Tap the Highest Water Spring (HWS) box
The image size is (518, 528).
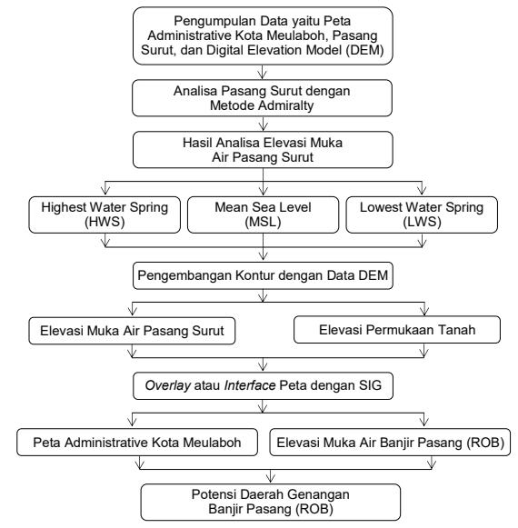105,214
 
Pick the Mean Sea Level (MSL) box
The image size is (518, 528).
263,214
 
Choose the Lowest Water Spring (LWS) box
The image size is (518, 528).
422,214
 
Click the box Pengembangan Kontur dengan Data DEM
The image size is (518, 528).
263,275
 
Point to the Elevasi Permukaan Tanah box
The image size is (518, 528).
397,330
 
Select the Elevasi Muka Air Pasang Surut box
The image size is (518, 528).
132,331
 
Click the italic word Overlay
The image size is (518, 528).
168,385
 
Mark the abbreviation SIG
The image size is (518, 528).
370,385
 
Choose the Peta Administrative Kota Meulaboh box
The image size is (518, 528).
137,443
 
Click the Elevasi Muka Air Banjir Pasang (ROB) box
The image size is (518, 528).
390,443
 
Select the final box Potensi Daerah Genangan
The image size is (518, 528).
271,502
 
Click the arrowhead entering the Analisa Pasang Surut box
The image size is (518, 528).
263,126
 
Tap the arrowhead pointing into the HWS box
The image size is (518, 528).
105,190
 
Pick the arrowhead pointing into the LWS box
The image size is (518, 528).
422,190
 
